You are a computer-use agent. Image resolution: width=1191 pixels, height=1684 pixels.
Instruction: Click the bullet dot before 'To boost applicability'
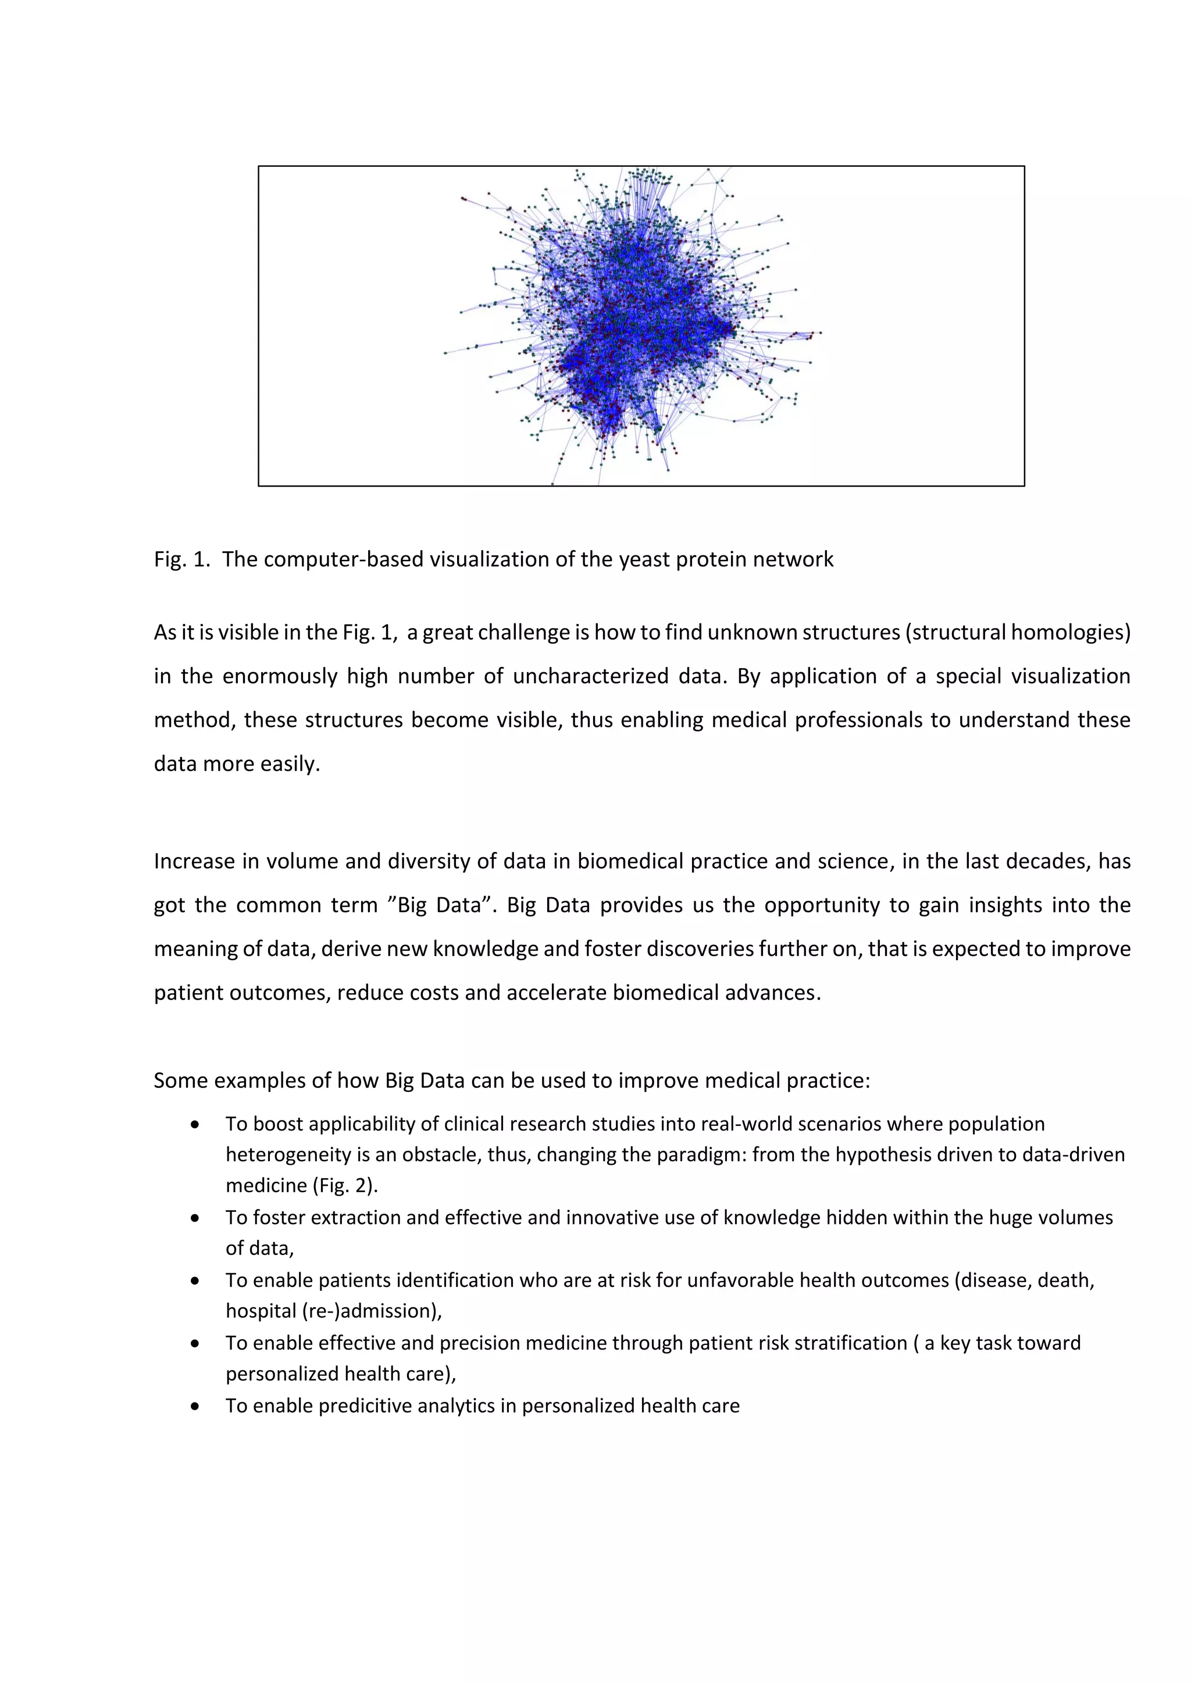coord(194,1125)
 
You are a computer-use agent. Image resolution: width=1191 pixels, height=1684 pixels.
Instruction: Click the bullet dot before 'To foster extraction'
coord(194,1218)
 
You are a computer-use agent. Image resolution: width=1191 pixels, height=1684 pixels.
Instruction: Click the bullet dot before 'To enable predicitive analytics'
coord(194,1406)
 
